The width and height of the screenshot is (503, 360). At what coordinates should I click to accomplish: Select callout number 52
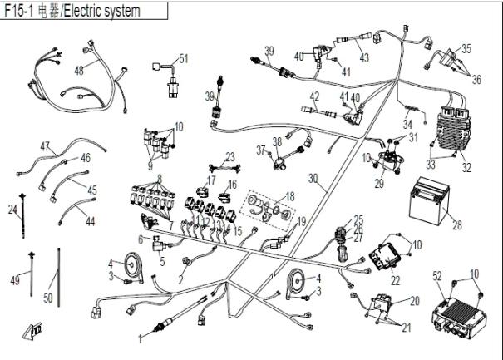click(437, 274)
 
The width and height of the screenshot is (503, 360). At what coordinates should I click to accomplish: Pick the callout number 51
click(184, 58)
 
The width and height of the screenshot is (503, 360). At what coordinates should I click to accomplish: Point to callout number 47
click(44, 145)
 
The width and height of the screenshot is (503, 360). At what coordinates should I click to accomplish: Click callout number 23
click(229, 156)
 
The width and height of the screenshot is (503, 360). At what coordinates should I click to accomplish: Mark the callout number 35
click(466, 48)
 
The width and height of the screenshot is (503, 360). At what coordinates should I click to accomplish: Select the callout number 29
click(379, 183)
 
